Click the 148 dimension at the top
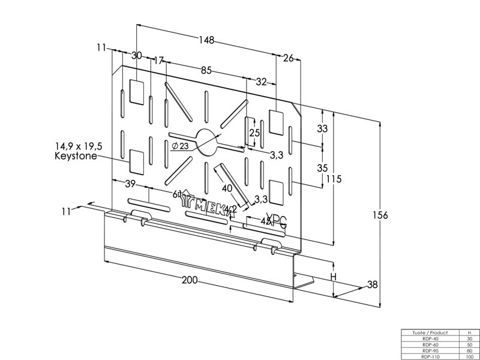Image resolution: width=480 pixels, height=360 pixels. (207, 40)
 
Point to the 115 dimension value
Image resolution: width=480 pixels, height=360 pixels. (335, 179)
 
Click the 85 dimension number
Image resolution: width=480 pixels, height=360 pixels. (206, 70)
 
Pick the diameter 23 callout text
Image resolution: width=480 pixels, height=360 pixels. (180, 146)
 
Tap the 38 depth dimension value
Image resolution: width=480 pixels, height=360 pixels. (372, 285)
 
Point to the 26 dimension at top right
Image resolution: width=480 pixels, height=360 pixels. (288, 58)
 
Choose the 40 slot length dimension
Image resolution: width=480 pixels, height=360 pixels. (227, 187)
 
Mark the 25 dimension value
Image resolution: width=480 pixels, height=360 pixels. (254, 133)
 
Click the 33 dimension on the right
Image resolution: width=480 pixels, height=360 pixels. (322, 128)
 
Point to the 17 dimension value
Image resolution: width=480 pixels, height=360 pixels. (158, 61)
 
